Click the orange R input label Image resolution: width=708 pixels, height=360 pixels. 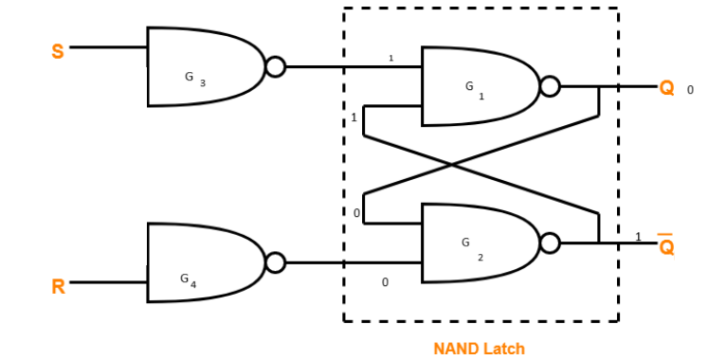(x=58, y=285)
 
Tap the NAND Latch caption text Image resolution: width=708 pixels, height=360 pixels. (x=479, y=349)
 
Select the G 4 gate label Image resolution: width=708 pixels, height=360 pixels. (x=189, y=279)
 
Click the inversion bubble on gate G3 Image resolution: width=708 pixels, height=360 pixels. (x=275, y=66)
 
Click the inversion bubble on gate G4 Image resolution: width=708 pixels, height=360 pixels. (x=275, y=262)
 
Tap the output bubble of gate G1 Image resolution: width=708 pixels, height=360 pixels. (x=550, y=87)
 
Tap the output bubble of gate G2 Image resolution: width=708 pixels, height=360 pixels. (x=550, y=243)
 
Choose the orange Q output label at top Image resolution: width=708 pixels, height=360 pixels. (x=667, y=88)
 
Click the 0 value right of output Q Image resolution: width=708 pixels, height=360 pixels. (x=690, y=90)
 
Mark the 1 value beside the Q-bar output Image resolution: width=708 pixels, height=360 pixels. (x=638, y=236)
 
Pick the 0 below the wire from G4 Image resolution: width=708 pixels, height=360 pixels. (x=385, y=282)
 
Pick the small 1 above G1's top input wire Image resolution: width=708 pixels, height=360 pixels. (x=390, y=59)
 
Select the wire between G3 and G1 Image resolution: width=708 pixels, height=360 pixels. (x=351, y=66)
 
